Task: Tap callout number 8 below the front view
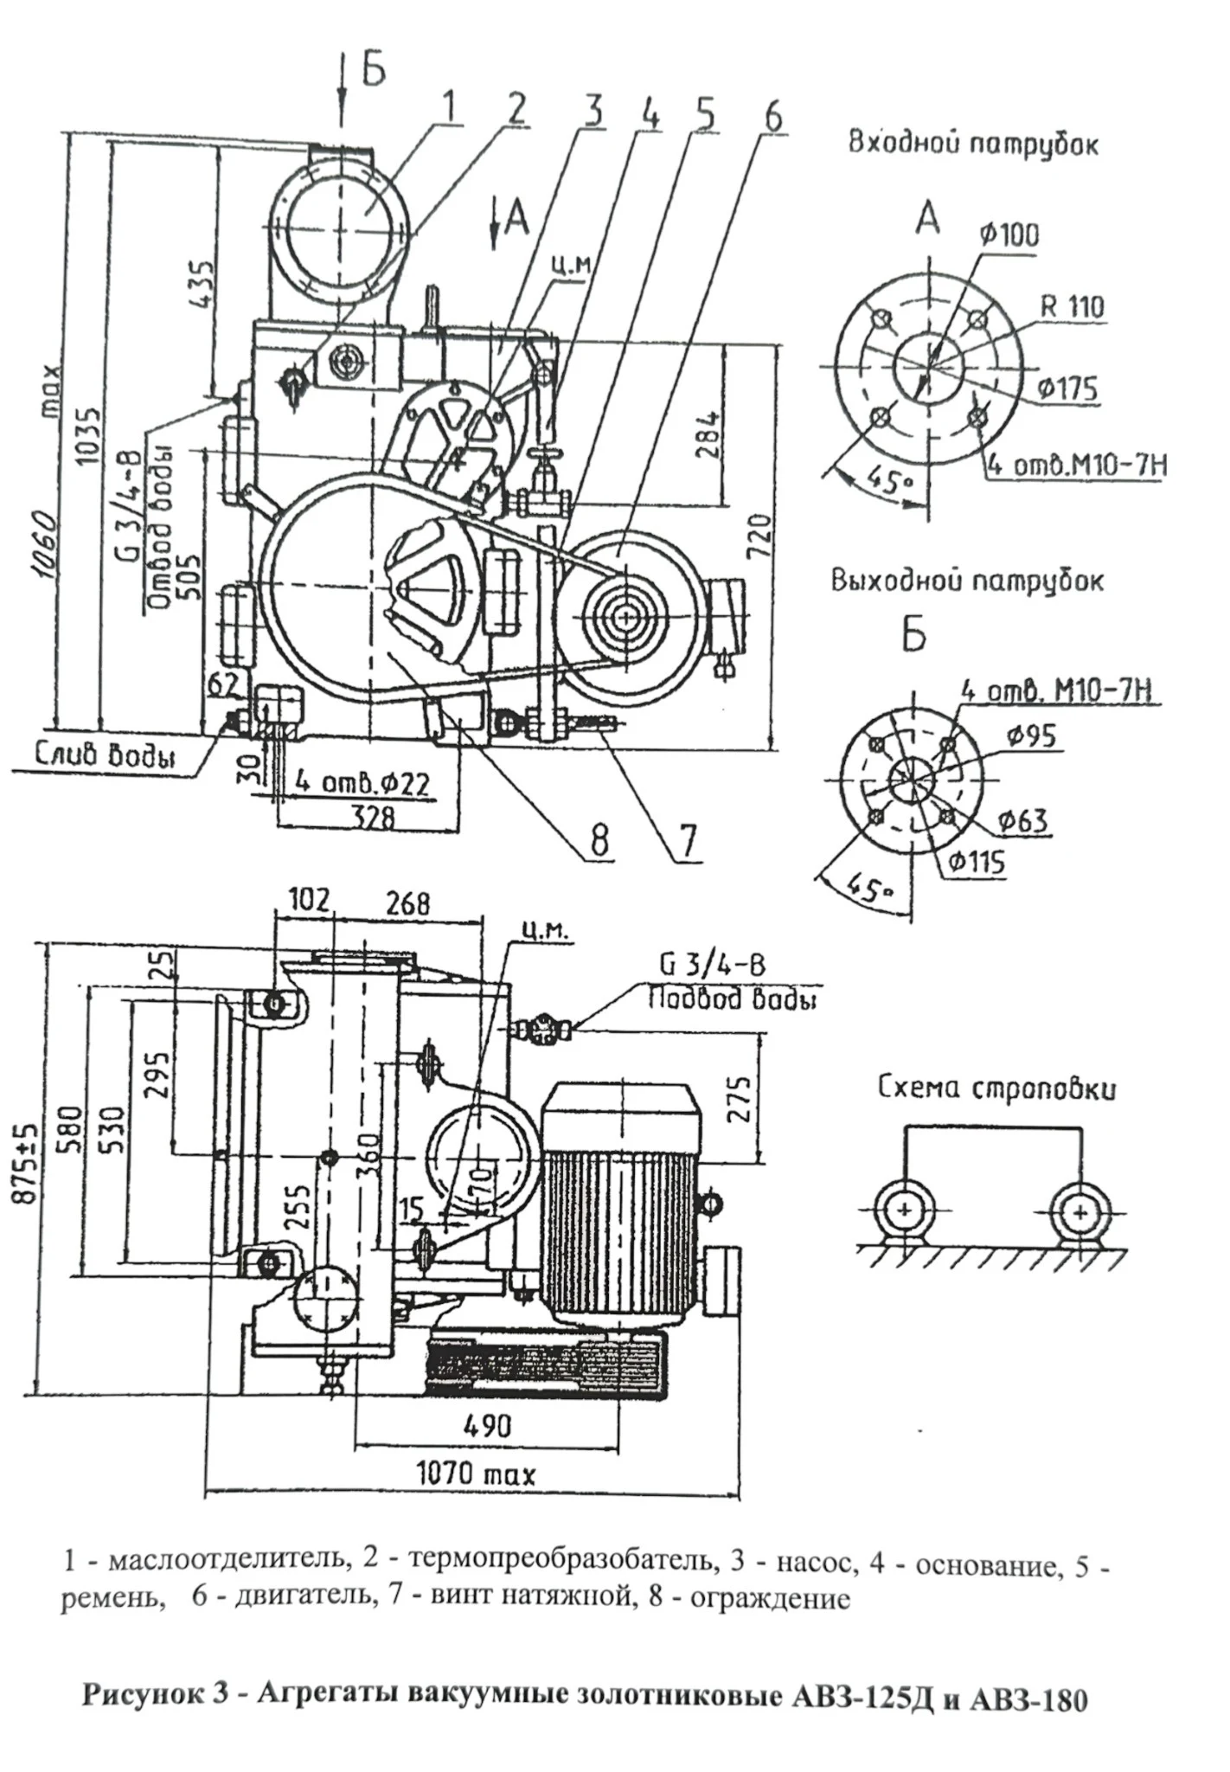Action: point(599,838)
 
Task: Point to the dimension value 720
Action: point(758,537)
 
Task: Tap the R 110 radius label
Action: point(1072,306)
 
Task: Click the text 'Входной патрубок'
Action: point(972,143)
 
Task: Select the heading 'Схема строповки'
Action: point(996,1088)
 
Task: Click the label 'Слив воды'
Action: point(105,754)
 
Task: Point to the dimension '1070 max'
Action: point(477,1473)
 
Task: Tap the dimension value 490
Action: point(487,1425)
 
